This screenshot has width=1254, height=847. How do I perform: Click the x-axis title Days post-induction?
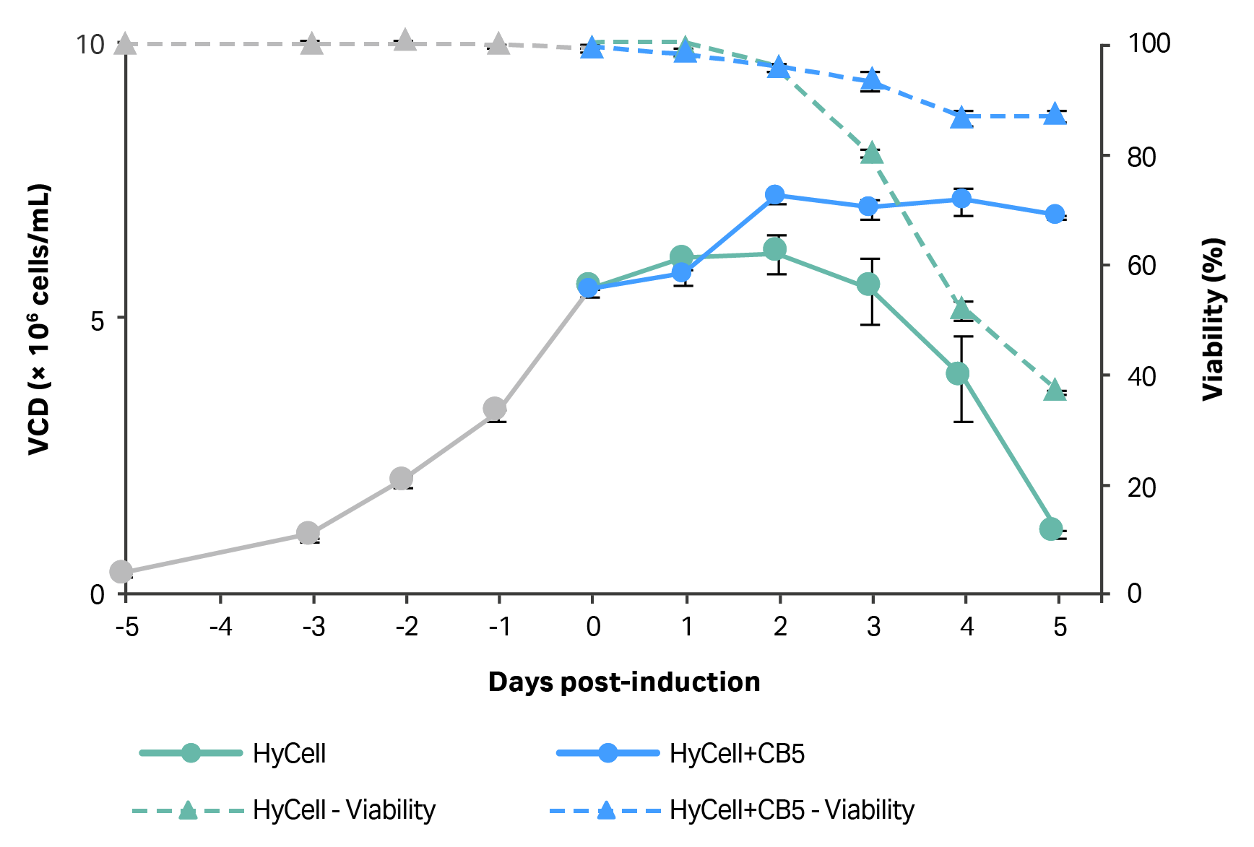pos(624,682)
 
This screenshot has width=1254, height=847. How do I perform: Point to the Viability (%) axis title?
pos(1214,318)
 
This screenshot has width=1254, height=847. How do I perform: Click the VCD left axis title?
pos(39,318)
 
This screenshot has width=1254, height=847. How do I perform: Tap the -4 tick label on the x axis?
pos(220,627)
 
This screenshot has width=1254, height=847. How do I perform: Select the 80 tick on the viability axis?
pos(1141,157)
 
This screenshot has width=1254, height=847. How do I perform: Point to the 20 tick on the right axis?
pos(1141,487)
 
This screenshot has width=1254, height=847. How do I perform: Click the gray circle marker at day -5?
pos(121,572)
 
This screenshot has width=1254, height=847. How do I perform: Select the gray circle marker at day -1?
pos(495,409)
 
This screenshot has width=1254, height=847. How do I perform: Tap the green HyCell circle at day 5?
pos(1051,529)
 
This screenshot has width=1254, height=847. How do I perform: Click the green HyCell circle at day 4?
pos(958,373)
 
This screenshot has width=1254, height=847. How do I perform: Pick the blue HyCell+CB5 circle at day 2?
pos(775,195)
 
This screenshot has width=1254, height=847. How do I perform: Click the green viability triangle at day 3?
pos(872,153)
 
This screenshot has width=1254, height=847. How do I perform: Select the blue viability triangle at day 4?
pos(961,117)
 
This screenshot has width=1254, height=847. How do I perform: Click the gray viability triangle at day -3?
pos(311,44)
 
